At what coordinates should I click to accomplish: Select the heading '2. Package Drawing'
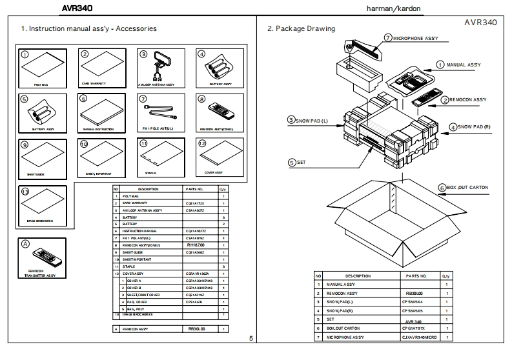pos(301,29)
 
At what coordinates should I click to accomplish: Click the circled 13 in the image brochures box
pos(25,192)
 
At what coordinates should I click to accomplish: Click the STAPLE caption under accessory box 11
pos(150,173)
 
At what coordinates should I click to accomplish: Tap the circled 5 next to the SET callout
pos(292,163)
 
